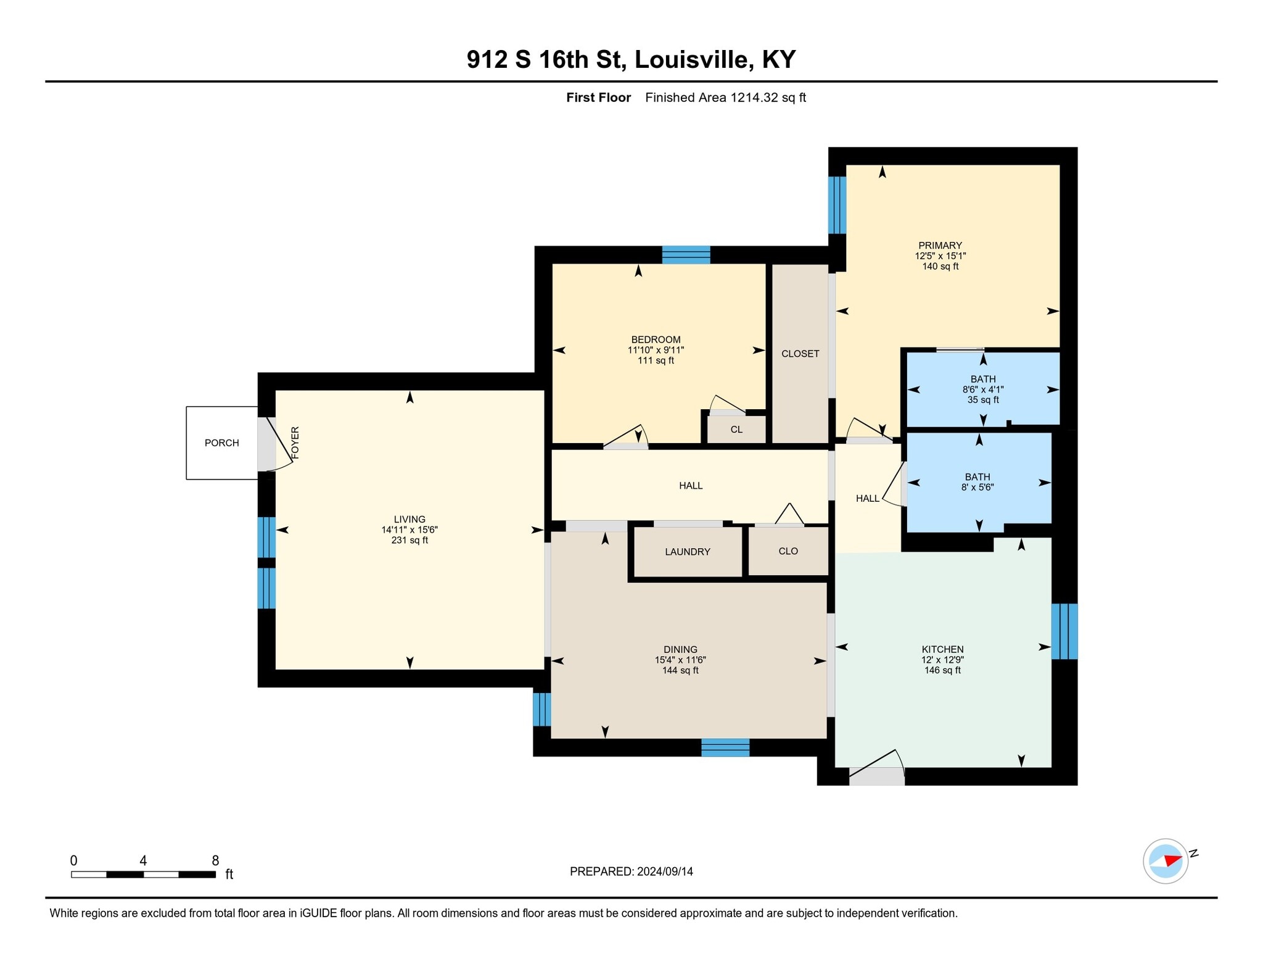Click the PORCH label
[x=221, y=443]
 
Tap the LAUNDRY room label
[x=688, y=552]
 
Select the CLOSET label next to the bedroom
[x=800, y=354]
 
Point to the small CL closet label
[x=736, y=430]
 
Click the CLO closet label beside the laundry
[x=788, y=551]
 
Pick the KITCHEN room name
[x=942, y=649]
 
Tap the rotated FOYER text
[x=295, y=443]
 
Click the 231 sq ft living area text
[x=409, y=540]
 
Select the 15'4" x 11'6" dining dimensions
[x=680, y=660]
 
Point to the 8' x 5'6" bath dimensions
[x=977, y=487]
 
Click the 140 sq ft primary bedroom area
[x=940, y=266]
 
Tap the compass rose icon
[x=1166, y=861]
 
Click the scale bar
[x=143, y=874]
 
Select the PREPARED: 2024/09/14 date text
[x=631, y=871]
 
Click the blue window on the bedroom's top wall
[x=686, y=255]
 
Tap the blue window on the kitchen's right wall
[x=1064, y=631]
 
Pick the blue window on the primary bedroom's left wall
[x=837, y=206]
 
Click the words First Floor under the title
[x=598, y=98]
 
